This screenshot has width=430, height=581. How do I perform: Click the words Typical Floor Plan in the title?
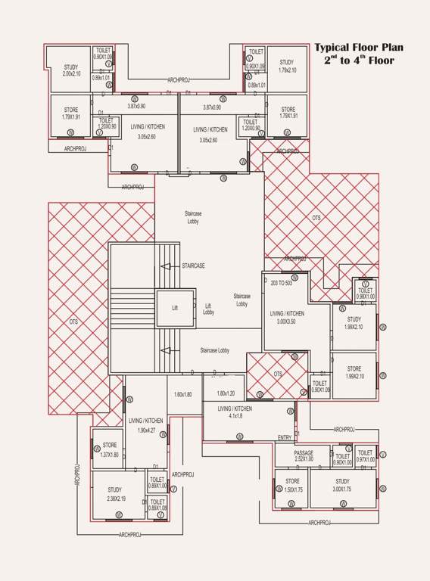tap(359, 47)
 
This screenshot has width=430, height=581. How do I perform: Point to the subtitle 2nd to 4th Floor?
tap(359, 60)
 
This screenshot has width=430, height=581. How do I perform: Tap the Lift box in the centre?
tap(175, 309)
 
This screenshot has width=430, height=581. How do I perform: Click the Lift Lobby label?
tap(208, 309)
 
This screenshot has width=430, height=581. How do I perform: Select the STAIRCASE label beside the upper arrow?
tap(193, 266)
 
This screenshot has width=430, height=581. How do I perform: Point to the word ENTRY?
tap(285, 438)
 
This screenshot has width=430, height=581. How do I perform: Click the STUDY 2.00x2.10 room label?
tap(70, 70)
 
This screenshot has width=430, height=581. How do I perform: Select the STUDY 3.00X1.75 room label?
tap(342, 486)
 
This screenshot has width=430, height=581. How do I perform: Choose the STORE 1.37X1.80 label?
tap(110, 450)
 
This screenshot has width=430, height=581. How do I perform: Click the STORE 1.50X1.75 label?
tap(292, 486)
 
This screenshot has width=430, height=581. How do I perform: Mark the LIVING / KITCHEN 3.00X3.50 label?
tap(287, 318)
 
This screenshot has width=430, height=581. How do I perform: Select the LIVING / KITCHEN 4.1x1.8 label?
tap(235, 412)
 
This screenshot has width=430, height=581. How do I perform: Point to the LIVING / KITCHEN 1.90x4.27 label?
tap(146, 425)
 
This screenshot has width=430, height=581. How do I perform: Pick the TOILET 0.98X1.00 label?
tap(365, 294)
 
